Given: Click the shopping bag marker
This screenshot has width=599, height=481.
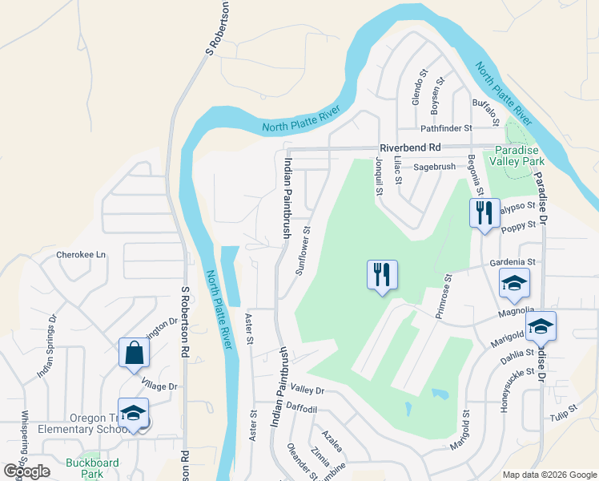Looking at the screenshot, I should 133,352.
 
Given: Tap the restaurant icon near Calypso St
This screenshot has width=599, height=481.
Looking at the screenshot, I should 483,213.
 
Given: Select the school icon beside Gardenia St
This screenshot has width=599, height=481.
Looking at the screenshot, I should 514,282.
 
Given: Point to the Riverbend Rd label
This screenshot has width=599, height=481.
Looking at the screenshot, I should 411,148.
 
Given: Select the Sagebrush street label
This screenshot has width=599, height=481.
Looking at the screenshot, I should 435,167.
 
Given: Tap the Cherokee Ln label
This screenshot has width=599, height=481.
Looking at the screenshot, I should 81,255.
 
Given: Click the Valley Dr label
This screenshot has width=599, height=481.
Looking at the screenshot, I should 308,390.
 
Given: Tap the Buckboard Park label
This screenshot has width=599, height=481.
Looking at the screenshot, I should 92,468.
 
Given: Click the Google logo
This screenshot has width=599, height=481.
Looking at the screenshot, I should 27,471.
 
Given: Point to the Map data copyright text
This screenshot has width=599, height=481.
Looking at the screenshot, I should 549,475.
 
